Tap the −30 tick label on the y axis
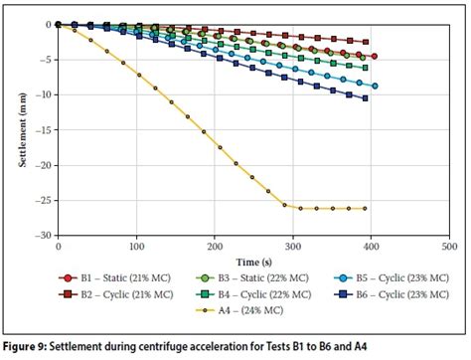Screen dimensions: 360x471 tap(43, 236)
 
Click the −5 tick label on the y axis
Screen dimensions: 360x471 tap(46, 59)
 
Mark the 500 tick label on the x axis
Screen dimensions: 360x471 tap(448, 245)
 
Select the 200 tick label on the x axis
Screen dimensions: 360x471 tap(215, 245)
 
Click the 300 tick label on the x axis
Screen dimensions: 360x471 tap(292, 245)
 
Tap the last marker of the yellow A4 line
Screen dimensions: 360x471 tap(365, 208)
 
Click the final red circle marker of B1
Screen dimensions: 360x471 tap(374, 56)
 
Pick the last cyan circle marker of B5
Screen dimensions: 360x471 tap(375, 86)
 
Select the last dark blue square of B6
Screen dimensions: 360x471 tap(366, 97)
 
